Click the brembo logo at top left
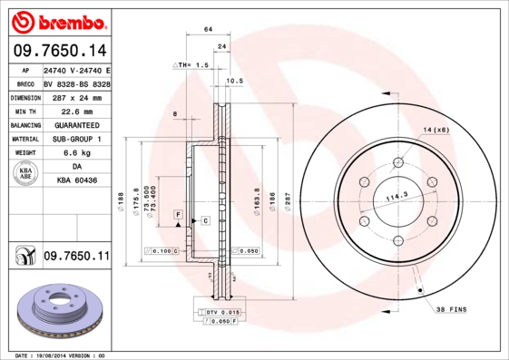click(57, 21)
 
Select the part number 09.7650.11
click(76, 258)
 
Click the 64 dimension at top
click(208, 30)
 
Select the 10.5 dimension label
click(234, 81)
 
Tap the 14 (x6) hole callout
click(435, 131)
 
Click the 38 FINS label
click(451, 309)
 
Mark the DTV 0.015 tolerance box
click(217, 312)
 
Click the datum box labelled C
click(205, 220)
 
